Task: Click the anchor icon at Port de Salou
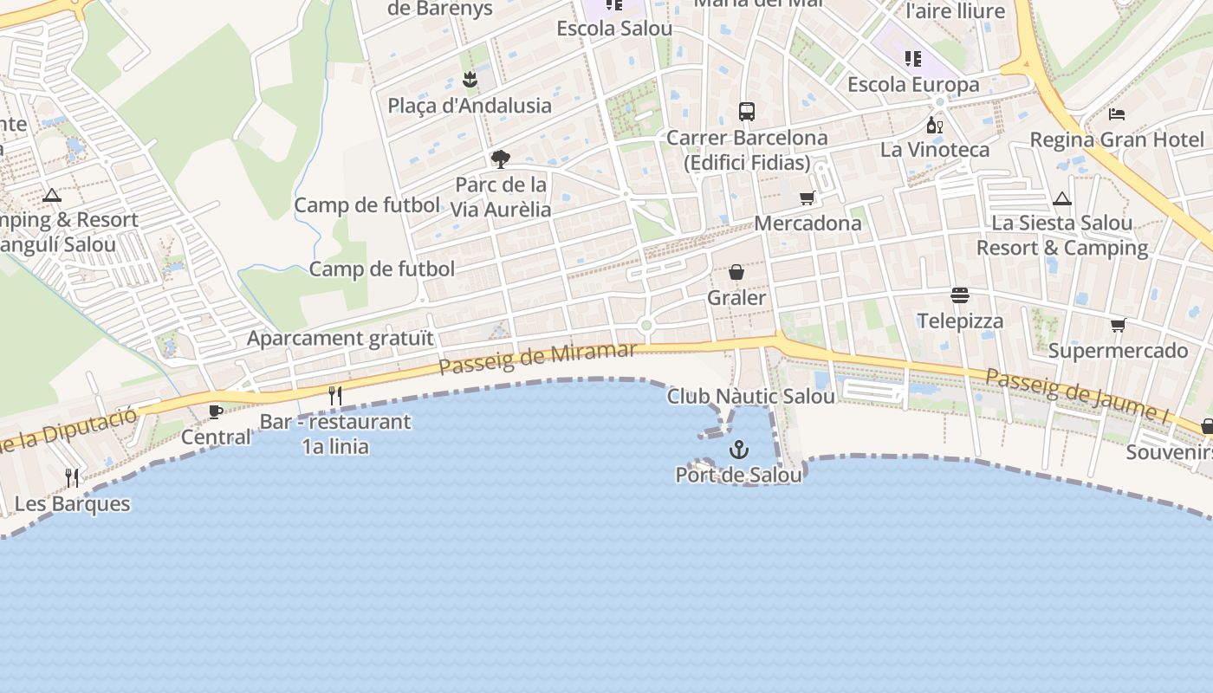tap(739, 449)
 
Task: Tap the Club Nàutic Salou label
tap(750, 396)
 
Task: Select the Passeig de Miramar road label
tap(537, 359)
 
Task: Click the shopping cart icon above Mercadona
tap(808, 198)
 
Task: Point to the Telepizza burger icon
tap(960, 295)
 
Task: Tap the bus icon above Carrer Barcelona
tap(746, 111)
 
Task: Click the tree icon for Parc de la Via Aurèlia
tap(500, 159)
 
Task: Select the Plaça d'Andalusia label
tap(470, 106)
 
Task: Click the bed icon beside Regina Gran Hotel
tap(1117, 113)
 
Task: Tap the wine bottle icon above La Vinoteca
tap(935, 126)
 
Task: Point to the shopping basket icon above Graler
tap(736, 273)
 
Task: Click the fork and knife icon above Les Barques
tap(72, 477)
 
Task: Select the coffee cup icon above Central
tap(216, 411)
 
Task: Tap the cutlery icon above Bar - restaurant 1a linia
tap(335, 396)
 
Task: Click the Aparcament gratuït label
tap(340, 338)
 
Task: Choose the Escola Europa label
tap(913, 85)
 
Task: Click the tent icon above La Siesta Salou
tap(1062, 199)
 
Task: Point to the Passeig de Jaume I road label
tap(1077, 394)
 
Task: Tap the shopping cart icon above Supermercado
tap(1119, 326)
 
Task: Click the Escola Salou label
tap(614, 28)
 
